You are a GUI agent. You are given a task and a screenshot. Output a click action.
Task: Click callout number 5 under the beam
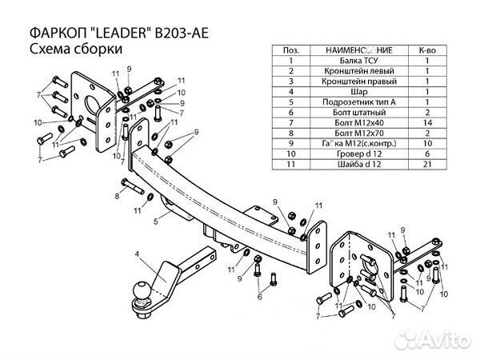click(163, 214)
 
